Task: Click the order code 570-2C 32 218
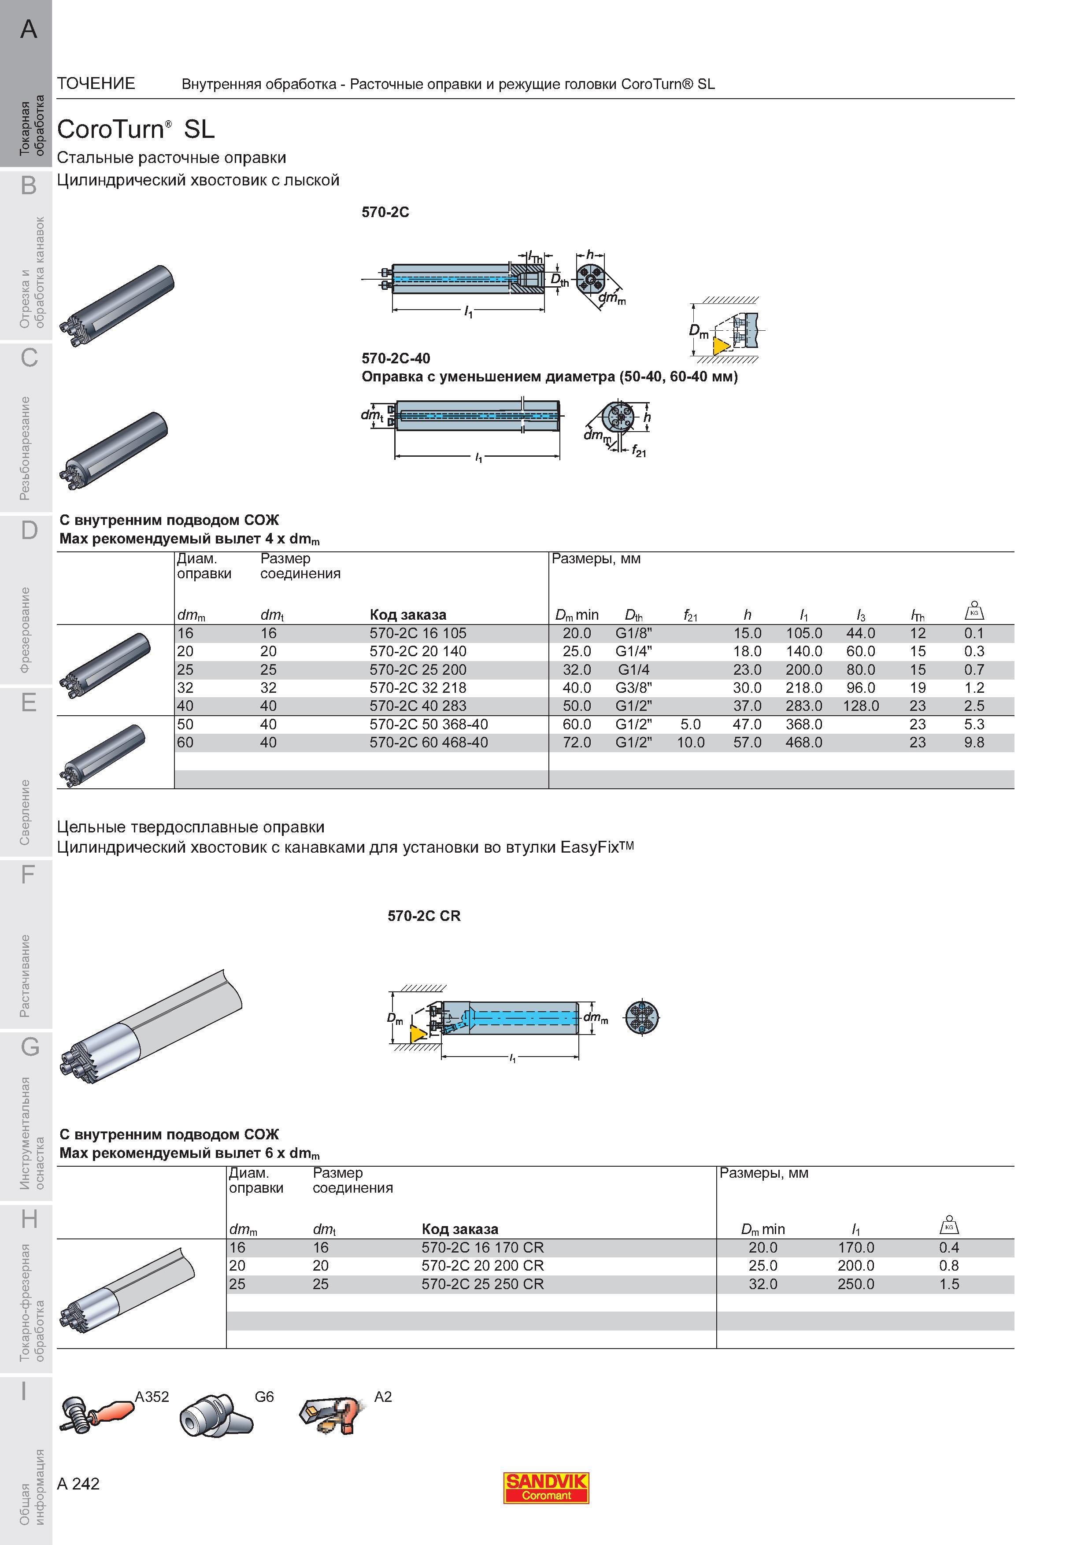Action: (x=418, y=687)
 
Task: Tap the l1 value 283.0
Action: (x=804, y=706)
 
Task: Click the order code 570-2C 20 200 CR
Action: (x=482, y=1266)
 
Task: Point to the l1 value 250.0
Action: (x=856, y=1284)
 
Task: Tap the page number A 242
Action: (x=79, y=1484)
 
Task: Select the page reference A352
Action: (x=152, y=1397)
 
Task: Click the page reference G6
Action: (x=264, y=1397)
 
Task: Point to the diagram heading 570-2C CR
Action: (x=424, y=916)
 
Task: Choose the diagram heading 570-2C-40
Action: (x=396, y=358)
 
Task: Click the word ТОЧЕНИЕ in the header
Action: (x=96, y=83)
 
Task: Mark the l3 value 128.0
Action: (x=861, y=706)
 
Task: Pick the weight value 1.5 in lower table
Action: (x=949, y=1284)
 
